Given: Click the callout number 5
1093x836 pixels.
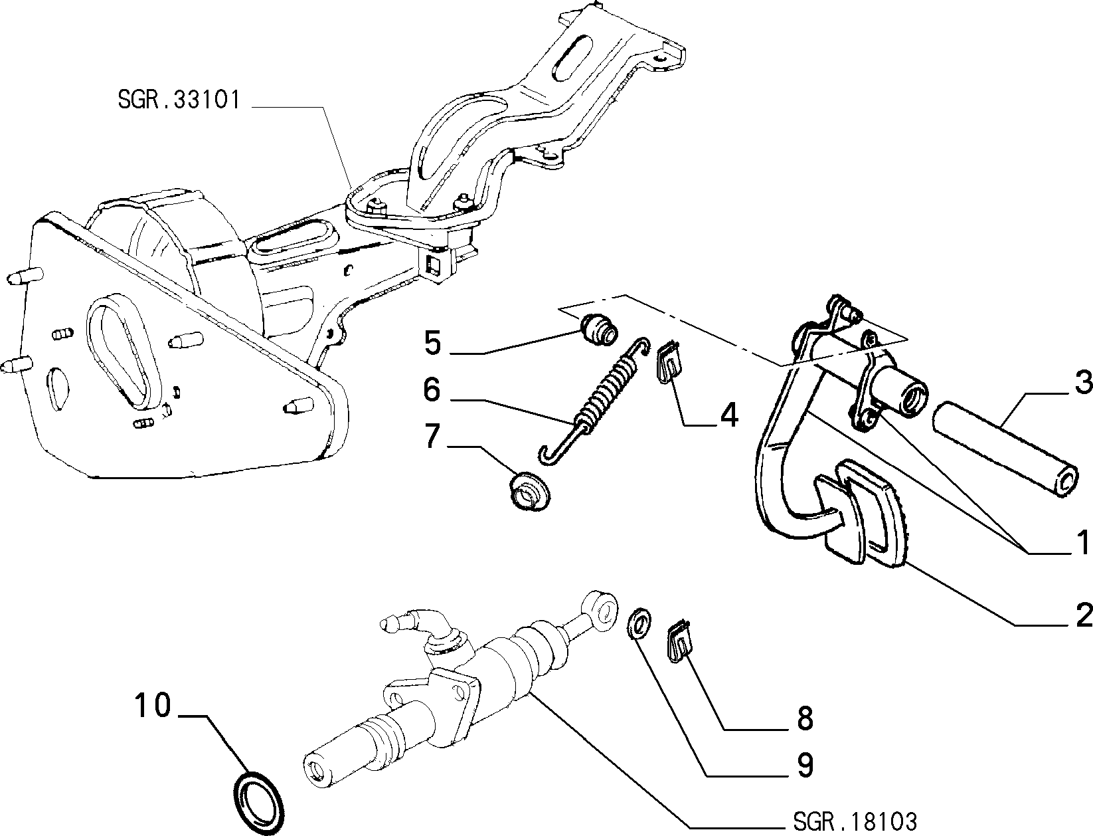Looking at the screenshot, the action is (x=433, y=343).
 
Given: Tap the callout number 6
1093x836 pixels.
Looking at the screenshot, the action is (x=432, y=389).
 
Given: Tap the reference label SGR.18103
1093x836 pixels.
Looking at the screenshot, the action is (x=855, y=821).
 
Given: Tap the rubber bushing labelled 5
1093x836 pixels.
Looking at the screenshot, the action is (x=600, y=330).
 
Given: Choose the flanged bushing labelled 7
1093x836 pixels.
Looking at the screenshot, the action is (x=530, y=490).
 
